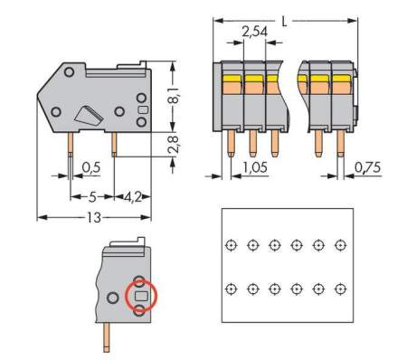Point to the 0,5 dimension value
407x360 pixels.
[x=90, y=167]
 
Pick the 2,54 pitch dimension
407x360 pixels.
[x=254, y=33]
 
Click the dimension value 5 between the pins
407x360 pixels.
[x=91, y=194]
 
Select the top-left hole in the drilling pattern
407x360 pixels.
[x=231, y=245]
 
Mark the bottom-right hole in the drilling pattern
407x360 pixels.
[x=340, y=289]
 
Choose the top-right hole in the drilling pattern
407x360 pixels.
[x=340, y=245]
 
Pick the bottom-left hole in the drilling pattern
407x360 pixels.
[x=231, y=289]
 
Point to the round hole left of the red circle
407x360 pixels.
[x=112, y=297]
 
